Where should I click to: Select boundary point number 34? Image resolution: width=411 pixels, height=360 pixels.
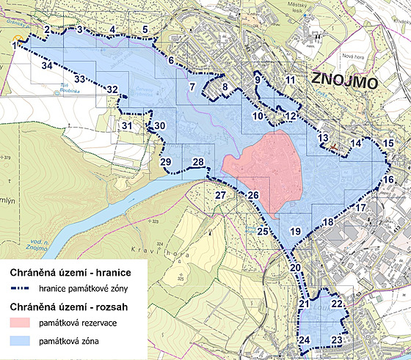pos(47,66)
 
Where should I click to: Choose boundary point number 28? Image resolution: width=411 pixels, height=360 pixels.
pos(197,162)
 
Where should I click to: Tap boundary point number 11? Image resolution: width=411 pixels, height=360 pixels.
pos(290,80)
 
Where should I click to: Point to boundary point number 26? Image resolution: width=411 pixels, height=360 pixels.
pos(252,196)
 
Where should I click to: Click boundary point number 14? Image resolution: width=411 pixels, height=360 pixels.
pos(355,144)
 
